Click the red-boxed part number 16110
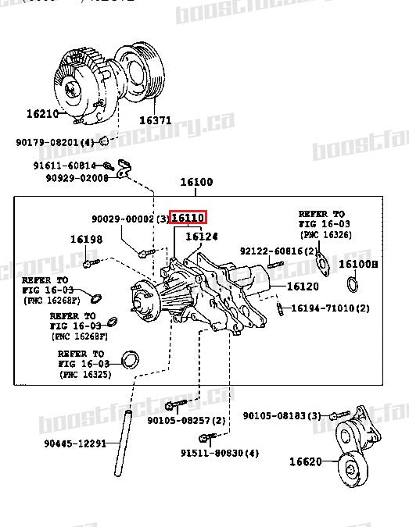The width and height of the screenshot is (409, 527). point(188,218)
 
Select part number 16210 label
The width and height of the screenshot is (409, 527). point(42,113)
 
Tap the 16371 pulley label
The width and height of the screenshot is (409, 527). point(155,120)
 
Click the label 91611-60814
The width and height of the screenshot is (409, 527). point(64,166)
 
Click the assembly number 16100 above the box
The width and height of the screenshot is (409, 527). point(196,182)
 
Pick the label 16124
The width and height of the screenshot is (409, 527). point(202,236)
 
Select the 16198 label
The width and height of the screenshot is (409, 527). point(85,240)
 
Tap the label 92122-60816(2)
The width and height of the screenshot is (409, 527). point(279,251)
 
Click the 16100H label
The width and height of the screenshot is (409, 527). point(358,265)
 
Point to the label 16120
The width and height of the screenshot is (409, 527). point(303,287)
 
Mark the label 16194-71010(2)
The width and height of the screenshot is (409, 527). point(331,308)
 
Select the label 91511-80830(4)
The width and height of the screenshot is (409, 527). point(220,453)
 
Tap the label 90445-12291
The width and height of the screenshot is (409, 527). point(74,444)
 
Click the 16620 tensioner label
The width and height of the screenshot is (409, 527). point(305,461)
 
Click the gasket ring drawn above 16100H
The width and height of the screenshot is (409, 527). point(351,283)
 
